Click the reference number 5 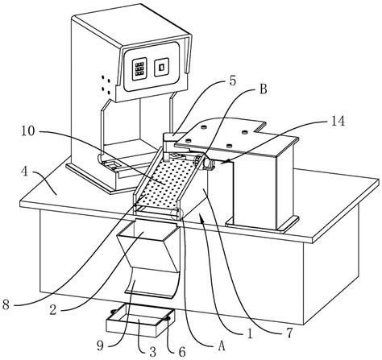pyautogui.click(x=233, y=81)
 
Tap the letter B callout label pyautogui.click(x=264, y=89)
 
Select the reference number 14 pyautogui.click(x=337, y=122)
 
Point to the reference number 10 pyautogui.click(x=27, y=131)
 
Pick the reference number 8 pyautogui.click(x=6, y=305)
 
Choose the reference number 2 pyautogui.click(x=52, y=310)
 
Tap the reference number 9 pyautogui.click(x=100, y=346)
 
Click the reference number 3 pyautogui.click(x=152, y=351)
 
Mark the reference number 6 pyautogui.click(x=182, y=352)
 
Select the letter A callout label pyautogui.click(x=221, y=346)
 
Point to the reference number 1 pyautogui.click(x=250, y=334)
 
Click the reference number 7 pyautogui.click(x=289, y=334)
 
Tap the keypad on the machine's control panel pyautogui.click(x=139, y=68)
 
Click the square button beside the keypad pyautogui.click(x=161, y=67)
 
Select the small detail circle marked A pyautogui.click(x=177, y=213)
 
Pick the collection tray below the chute pyautogui.click(x=140, y=321)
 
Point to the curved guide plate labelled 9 pyautogui.click(x=152, y=284)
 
